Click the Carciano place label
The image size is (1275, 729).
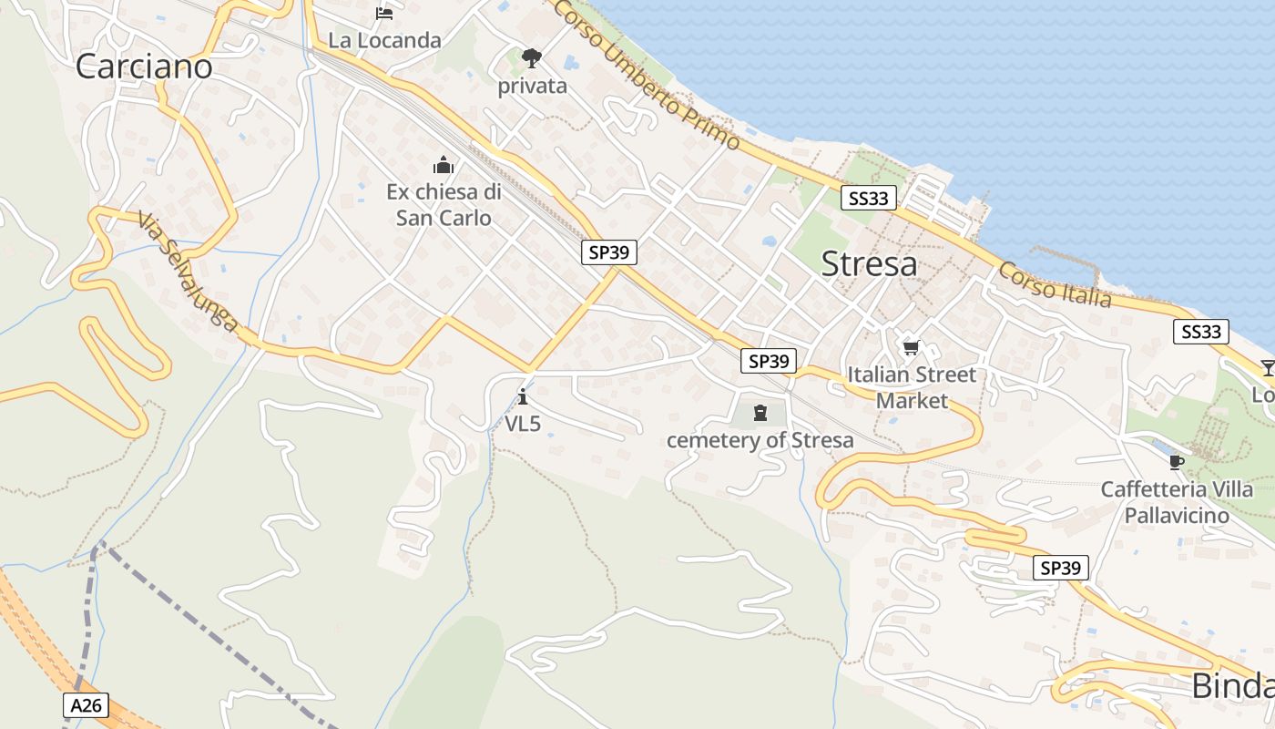click(144, 66)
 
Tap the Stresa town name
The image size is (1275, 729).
click(869, 263)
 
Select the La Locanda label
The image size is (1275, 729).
click(384, 40)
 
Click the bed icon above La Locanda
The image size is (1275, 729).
click(384, 14)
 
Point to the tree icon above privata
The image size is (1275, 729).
click(532, 59)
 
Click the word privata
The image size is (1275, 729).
click(532, 87)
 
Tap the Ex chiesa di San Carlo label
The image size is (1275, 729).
click(444, 205)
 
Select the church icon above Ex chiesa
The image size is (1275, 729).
click(444, 165)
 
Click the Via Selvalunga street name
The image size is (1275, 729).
click(189, 272)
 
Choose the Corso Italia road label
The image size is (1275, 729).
click(1055, 284)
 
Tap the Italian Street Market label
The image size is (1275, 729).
click(912, 387)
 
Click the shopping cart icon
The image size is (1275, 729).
click(911, 347)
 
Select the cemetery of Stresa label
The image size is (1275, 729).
click(760, 440)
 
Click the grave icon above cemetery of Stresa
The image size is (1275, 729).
click(760, 414)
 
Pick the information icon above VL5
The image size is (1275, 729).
click(523, 396)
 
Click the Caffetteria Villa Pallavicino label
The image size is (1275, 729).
click(1177, 502)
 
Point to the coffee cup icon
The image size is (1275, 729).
click(1177, 462)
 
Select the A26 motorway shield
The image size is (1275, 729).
click(87, 704)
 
